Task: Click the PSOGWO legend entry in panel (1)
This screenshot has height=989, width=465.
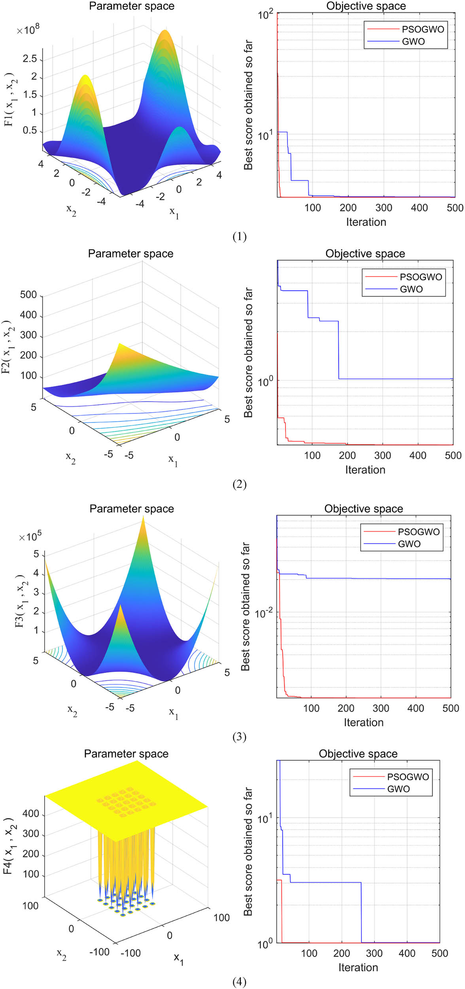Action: tap(423, 29)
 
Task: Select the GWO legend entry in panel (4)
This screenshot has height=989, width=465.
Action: tap(398, 789)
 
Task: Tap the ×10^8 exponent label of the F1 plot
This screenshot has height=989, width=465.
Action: tap(28, 30)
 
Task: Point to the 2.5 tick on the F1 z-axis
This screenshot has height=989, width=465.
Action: tap(30, 59)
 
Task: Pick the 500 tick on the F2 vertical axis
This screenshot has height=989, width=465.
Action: tap(28, 295)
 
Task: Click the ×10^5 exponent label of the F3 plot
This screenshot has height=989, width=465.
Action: tap(30, 537)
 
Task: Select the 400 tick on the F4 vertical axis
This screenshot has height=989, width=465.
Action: tap(30, 813)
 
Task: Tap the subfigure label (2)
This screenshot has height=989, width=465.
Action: tap(239, 484)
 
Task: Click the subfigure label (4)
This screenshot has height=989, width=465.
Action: tap(239, 981)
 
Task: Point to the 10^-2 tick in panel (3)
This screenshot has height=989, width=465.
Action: tap(264, 613)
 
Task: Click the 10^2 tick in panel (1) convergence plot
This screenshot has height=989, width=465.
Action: tap(265, 15)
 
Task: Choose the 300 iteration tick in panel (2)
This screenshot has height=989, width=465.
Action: tap(382, 455)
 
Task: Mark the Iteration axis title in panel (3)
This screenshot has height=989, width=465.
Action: tap(363, 722)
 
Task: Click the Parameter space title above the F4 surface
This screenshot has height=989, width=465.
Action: tap(126, 754)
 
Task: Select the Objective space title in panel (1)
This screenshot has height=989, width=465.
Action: tap(366, 6)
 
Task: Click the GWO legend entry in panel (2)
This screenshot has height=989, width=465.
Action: tap(411, 289)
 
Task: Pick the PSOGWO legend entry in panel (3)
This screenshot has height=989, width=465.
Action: tap(418, 532)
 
